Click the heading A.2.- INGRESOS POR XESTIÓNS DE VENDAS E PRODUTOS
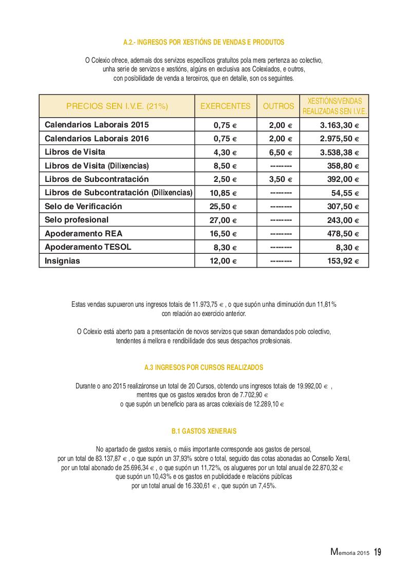click(204, 42)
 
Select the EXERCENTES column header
click(225, 106)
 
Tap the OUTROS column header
click(279, 106)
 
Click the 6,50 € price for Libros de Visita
click(281, 153)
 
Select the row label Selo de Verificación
click(83, 207)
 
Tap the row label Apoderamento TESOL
click(88, 247)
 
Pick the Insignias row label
click(63, 261)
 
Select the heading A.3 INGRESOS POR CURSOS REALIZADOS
click(204, 368)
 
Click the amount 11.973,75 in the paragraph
click(208, 305)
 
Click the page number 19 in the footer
click(378, 552)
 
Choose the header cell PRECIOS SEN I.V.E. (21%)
click(117, 106)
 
